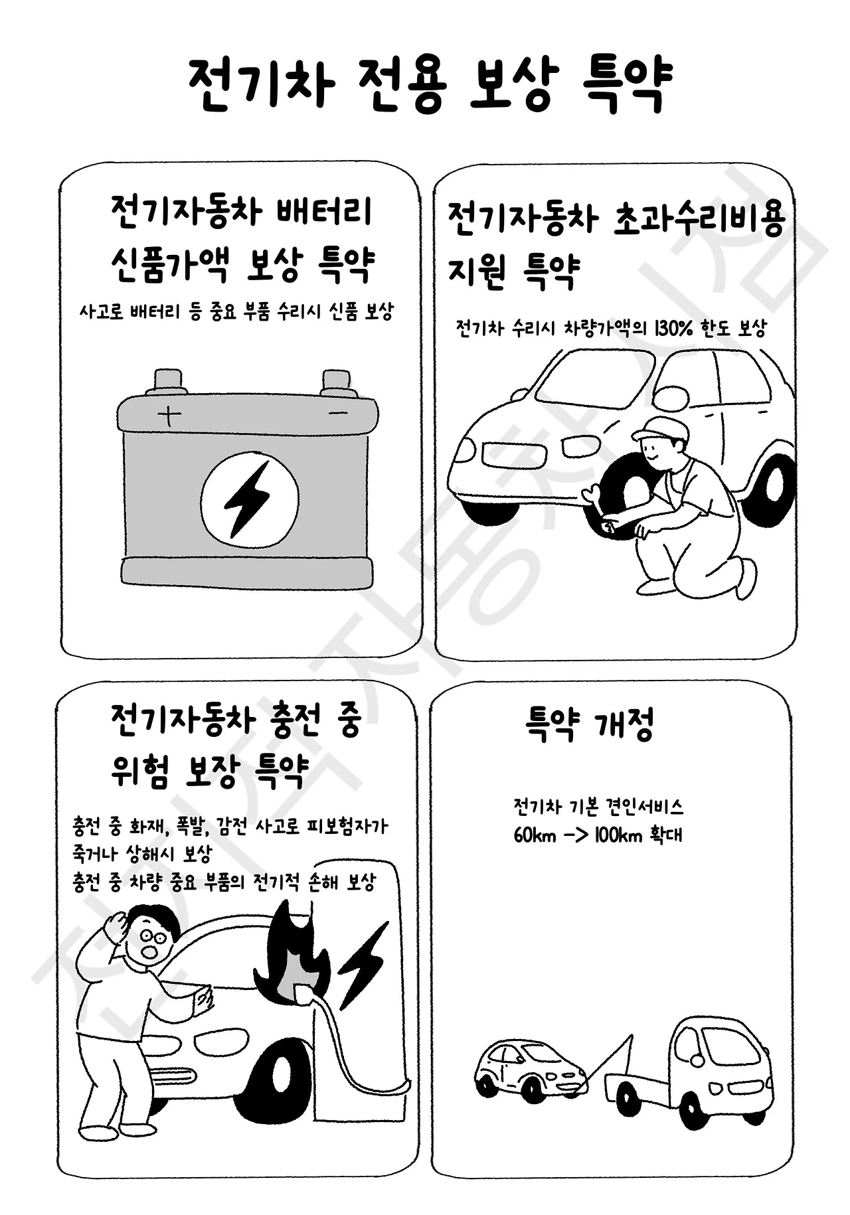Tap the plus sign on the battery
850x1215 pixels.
click(169, 416)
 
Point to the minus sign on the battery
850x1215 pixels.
click(338, 414)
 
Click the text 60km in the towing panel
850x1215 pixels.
click(535, 835)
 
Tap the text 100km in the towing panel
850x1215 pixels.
click(619, 835)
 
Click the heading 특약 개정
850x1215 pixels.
click(590, 725)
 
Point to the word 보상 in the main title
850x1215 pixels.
click(510, 85)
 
